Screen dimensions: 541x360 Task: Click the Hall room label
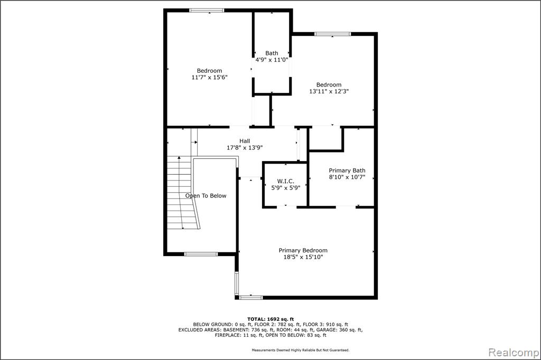click(245, 141)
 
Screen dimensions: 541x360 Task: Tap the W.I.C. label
click(286, 182)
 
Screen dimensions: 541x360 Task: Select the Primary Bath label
click(347, 170)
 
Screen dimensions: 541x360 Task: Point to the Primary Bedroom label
click(303, 250)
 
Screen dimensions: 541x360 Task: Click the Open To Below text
click(206, 196)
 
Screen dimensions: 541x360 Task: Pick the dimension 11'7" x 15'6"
click(209, 77)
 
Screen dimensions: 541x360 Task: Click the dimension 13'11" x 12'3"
click(329, 91)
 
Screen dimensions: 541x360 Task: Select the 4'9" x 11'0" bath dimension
click(272, 60)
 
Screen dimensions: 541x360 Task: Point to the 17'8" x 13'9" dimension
click(245, 148)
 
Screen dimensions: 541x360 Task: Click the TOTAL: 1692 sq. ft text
click(270, 319)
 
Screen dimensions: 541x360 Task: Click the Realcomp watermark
click(514, 353)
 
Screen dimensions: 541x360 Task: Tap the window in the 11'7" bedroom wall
click(207, 11)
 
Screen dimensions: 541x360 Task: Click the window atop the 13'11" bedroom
click(333, 34)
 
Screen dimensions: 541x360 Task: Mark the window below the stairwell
click(201, 254)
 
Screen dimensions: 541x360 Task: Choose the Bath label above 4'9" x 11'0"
click(272, 53)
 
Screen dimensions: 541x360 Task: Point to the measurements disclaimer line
click(301, 350)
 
